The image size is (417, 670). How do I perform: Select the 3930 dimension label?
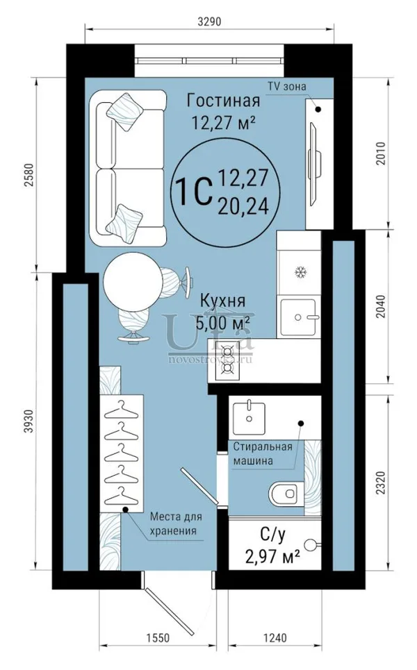pos(28,421)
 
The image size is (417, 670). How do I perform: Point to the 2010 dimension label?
pos(381,153)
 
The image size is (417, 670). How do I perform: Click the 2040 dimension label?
pos(381,306)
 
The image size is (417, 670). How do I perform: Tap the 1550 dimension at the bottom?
pos(158,638)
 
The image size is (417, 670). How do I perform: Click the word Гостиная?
pos(224,101)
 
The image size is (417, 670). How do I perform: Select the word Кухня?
pos(223,301)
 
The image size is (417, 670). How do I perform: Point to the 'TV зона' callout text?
pos(287,86)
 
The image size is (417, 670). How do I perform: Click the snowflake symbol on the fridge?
pos(302,272)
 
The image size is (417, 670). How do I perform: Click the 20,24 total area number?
pos(243,207)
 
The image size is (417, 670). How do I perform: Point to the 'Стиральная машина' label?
pos(263,454)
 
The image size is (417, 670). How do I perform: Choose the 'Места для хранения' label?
pos(176,524)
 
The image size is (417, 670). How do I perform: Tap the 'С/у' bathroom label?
pos(272,534)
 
